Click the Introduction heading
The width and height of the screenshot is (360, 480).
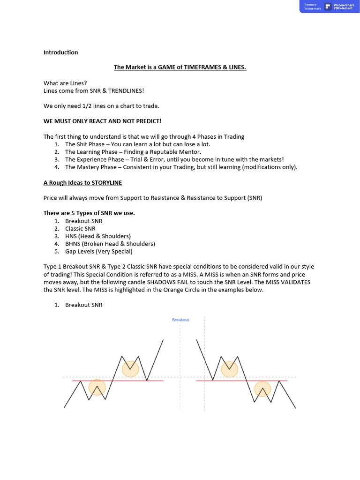[60, 52]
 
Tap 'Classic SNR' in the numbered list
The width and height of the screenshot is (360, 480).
[80, 228]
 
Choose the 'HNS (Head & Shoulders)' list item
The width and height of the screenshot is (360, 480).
[98, 236]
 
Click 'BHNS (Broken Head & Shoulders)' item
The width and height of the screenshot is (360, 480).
[110, 244]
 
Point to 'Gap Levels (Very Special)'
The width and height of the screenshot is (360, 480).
[98, 251]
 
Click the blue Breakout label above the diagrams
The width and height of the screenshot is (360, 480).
[180, 320]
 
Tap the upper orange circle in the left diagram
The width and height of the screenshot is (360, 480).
[131, 369]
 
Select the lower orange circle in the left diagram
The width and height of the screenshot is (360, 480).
[97, 388]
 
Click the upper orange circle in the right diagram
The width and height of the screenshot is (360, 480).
[230, 369]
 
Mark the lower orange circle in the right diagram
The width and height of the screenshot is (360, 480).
[263, 389]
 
